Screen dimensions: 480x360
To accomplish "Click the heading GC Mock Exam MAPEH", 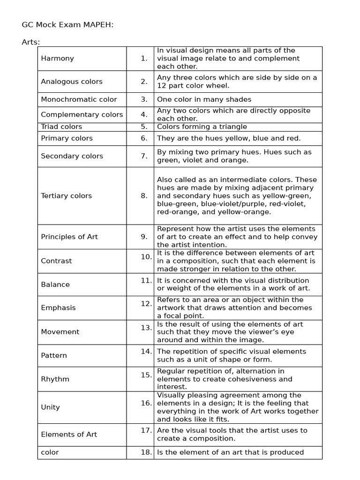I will (67, 25).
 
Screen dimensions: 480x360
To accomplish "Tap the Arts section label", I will (31, 42).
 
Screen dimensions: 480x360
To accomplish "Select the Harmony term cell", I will (57, 59).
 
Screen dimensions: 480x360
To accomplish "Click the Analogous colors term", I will (71, 82).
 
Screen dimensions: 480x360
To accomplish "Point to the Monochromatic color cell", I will (79, 99).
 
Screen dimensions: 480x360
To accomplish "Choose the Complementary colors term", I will (82, 115).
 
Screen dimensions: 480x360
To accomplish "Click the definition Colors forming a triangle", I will (202, 127).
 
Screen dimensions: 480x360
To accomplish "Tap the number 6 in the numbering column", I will (144, 138).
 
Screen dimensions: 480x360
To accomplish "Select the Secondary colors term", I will (72, 156).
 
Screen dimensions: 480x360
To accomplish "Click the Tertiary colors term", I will (66, 196).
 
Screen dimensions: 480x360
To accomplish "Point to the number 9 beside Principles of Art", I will (144, 237).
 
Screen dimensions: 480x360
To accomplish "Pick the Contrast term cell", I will (56, 261).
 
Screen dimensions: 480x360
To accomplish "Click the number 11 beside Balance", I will (146, 280).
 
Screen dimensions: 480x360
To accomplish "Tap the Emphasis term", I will (58, 308).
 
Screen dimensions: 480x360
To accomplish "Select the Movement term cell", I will (60, 332).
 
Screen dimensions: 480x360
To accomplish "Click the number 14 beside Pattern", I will (146, 351).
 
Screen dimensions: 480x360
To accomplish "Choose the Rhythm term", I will (55, 379).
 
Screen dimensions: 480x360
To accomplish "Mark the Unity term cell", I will (50, 407).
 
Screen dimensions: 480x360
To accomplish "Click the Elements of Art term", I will (69, 435).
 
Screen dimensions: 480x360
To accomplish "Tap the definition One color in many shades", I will (204, 99).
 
